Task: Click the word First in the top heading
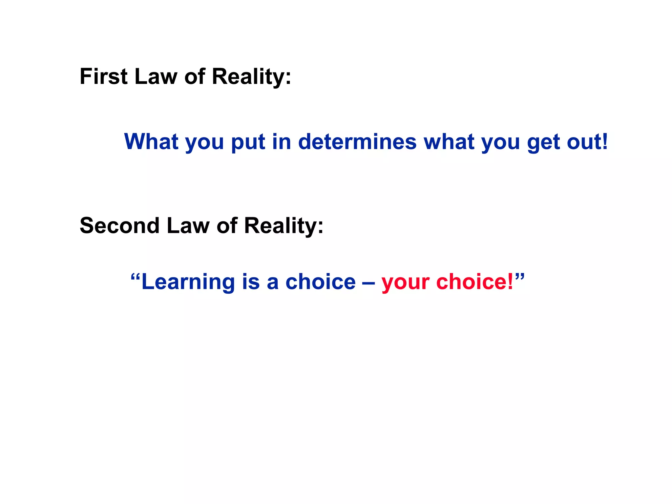pyautogui.click(x=103, y=76)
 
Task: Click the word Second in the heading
pyautogui.click(x=120, y=226)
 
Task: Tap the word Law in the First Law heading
pyautogui.click(x=156, y=76)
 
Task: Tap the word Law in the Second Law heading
pyautogui.click(x=188, y=226)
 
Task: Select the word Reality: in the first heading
pyautogui.click(x=251, y=76)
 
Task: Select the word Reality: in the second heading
pyautogui.click(x=283, y=226)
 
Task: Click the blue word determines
pyautogui.click(x=357, y=142)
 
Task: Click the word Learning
pyautogui.click(x=188, y=282)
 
